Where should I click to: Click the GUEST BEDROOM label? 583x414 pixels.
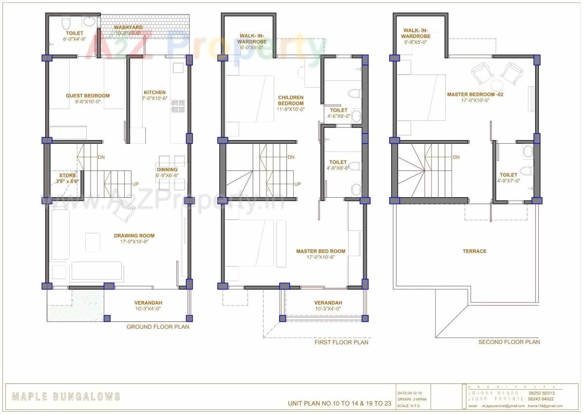point(88,96)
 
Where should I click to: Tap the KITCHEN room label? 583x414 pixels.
point(154,93)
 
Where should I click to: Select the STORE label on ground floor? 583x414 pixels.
point(68,175)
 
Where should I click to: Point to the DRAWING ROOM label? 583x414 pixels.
point(134,236)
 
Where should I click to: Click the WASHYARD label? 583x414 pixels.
point(128,27)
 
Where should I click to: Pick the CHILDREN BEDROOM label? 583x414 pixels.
point(291,100)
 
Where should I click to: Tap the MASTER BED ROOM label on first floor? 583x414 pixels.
point(320,251)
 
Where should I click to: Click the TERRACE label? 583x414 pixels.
point(474,251)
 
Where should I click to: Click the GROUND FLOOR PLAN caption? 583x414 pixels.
point(158,327)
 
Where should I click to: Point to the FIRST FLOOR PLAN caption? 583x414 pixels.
point(341,342)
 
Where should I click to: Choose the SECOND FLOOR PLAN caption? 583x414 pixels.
point(509,342)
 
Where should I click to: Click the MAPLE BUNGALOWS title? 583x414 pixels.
point(66,397)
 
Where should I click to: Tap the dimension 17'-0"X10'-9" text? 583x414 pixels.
point(134,242)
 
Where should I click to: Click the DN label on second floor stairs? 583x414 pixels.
point(456,157)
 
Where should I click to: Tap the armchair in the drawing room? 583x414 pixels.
point(126,210)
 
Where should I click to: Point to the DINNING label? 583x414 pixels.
point(167,170)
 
